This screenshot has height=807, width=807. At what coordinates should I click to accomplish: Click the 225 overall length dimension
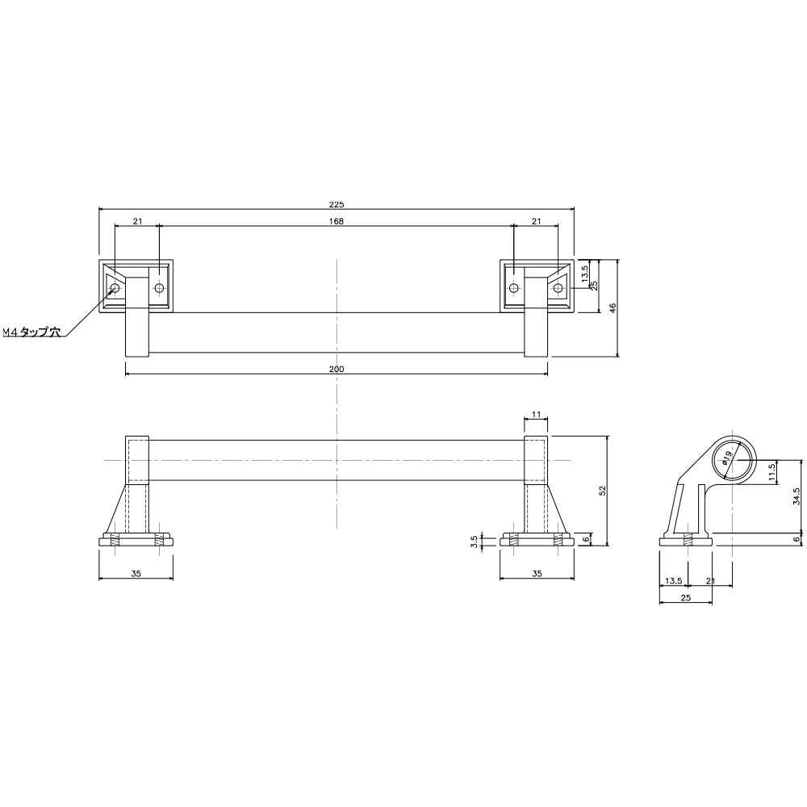336,204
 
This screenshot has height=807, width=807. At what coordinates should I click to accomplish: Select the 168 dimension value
336,221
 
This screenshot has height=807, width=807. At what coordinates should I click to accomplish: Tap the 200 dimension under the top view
336,369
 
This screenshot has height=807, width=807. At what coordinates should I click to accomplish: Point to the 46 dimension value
613,308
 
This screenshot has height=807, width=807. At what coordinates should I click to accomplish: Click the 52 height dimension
603,491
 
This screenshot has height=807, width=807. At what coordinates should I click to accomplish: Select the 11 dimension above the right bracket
536,414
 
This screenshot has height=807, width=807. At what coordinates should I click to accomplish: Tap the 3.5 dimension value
475,542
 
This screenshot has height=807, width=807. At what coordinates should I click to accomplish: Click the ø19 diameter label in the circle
727,458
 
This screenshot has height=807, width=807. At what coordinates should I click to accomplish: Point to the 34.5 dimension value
797,496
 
